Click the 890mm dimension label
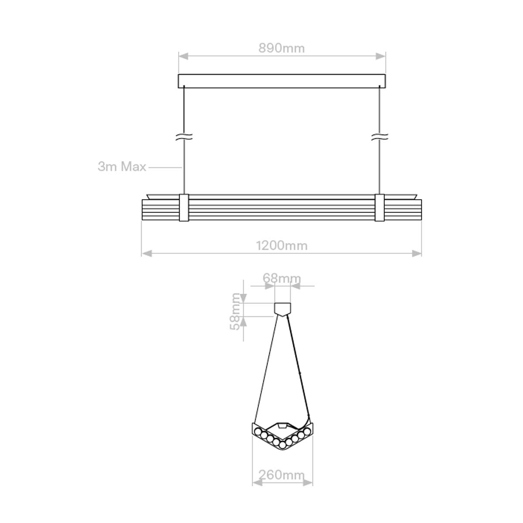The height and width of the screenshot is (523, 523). tap(282, 48)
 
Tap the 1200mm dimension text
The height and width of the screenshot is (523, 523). tap(282, 245)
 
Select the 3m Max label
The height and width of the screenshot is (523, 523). tap(122, 166)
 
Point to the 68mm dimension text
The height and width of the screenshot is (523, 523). tap(282, 278)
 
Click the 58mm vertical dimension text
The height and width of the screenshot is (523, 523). tap(235, 311)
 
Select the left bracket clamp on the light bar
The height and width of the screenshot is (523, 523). tap(184, 208)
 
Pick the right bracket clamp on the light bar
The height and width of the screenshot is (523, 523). tap(380, 208)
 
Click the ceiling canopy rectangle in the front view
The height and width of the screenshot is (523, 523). tap(282, 81)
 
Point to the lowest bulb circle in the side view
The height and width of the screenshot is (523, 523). tap(282, 445)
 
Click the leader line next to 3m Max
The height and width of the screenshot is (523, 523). tap(165, 166)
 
